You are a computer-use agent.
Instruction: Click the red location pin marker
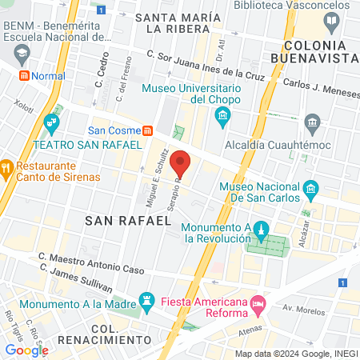(x=182, y=163)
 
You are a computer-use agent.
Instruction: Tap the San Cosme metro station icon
(x=147, y=130)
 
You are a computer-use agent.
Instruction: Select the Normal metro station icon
(x=25, y=75)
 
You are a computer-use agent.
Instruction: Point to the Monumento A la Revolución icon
(x=258, y=231)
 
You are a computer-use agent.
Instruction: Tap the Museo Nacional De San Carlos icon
(x=310, y=190)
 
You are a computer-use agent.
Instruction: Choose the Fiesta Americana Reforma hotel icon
(x=258, y=304)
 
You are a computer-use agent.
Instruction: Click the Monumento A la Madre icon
(x=146, y=302)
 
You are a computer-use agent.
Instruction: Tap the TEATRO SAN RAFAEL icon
(x=53, y=122)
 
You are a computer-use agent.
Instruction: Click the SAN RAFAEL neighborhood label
(x=128, y=218)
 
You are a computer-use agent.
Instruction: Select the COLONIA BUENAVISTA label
(x=318, y=50)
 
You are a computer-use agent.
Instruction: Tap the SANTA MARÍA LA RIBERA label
(x=178, y=24)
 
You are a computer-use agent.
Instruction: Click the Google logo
(x=26, y=350)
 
